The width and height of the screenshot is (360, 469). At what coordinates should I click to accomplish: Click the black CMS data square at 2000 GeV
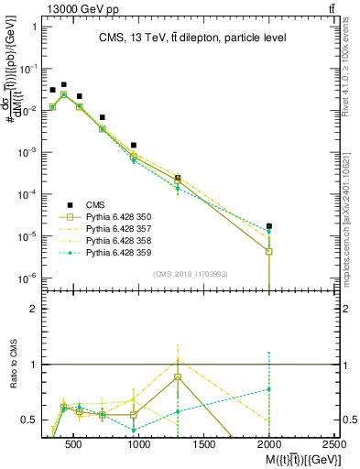click(x=268, y=225)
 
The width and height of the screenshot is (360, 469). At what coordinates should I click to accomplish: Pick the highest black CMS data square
click(x=63, y=84)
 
